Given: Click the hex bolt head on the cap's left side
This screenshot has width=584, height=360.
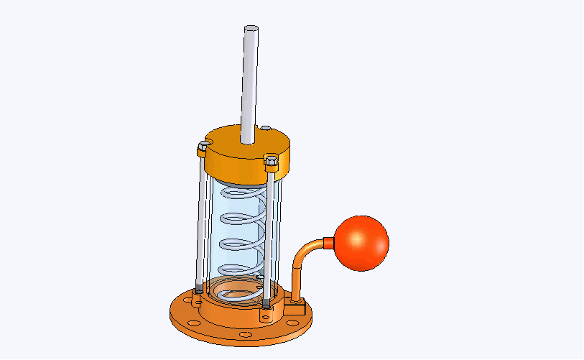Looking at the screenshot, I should tap(203, 149).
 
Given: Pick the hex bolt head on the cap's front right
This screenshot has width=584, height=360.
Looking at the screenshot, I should tap(271, 160).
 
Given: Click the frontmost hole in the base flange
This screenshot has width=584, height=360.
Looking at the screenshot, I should tap(245, 334).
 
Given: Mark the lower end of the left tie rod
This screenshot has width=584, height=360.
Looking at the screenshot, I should tap(198, 292).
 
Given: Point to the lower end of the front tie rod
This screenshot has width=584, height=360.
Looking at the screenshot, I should tap(266, 304).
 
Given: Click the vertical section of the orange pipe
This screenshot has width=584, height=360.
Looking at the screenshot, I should tap(295, 277).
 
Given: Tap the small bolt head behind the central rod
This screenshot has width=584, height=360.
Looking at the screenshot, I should tap(266, 129).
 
